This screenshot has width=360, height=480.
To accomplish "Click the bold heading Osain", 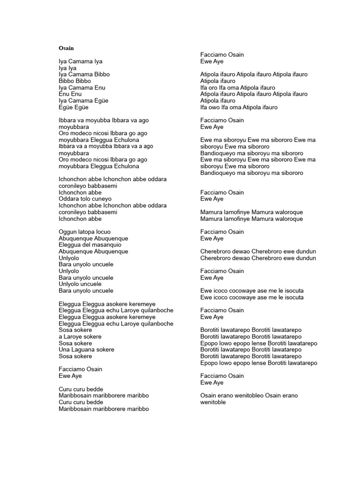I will [x=66, y=48].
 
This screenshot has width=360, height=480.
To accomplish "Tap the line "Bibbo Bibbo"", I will [x=75, y=81].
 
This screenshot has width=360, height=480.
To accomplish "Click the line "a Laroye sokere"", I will [x=80, y=337].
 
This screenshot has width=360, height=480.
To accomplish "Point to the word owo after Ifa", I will [x=215, y=107].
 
